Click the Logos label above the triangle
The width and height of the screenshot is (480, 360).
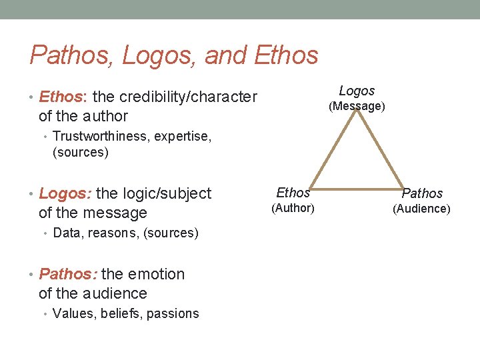357,91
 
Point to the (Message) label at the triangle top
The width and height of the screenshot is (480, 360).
358,106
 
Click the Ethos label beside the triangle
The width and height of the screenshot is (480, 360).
293,193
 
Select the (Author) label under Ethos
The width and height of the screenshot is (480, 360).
293,208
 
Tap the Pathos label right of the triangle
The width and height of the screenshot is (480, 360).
422,193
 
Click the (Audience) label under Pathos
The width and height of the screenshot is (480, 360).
421,209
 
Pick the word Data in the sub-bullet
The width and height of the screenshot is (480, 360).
65,233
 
